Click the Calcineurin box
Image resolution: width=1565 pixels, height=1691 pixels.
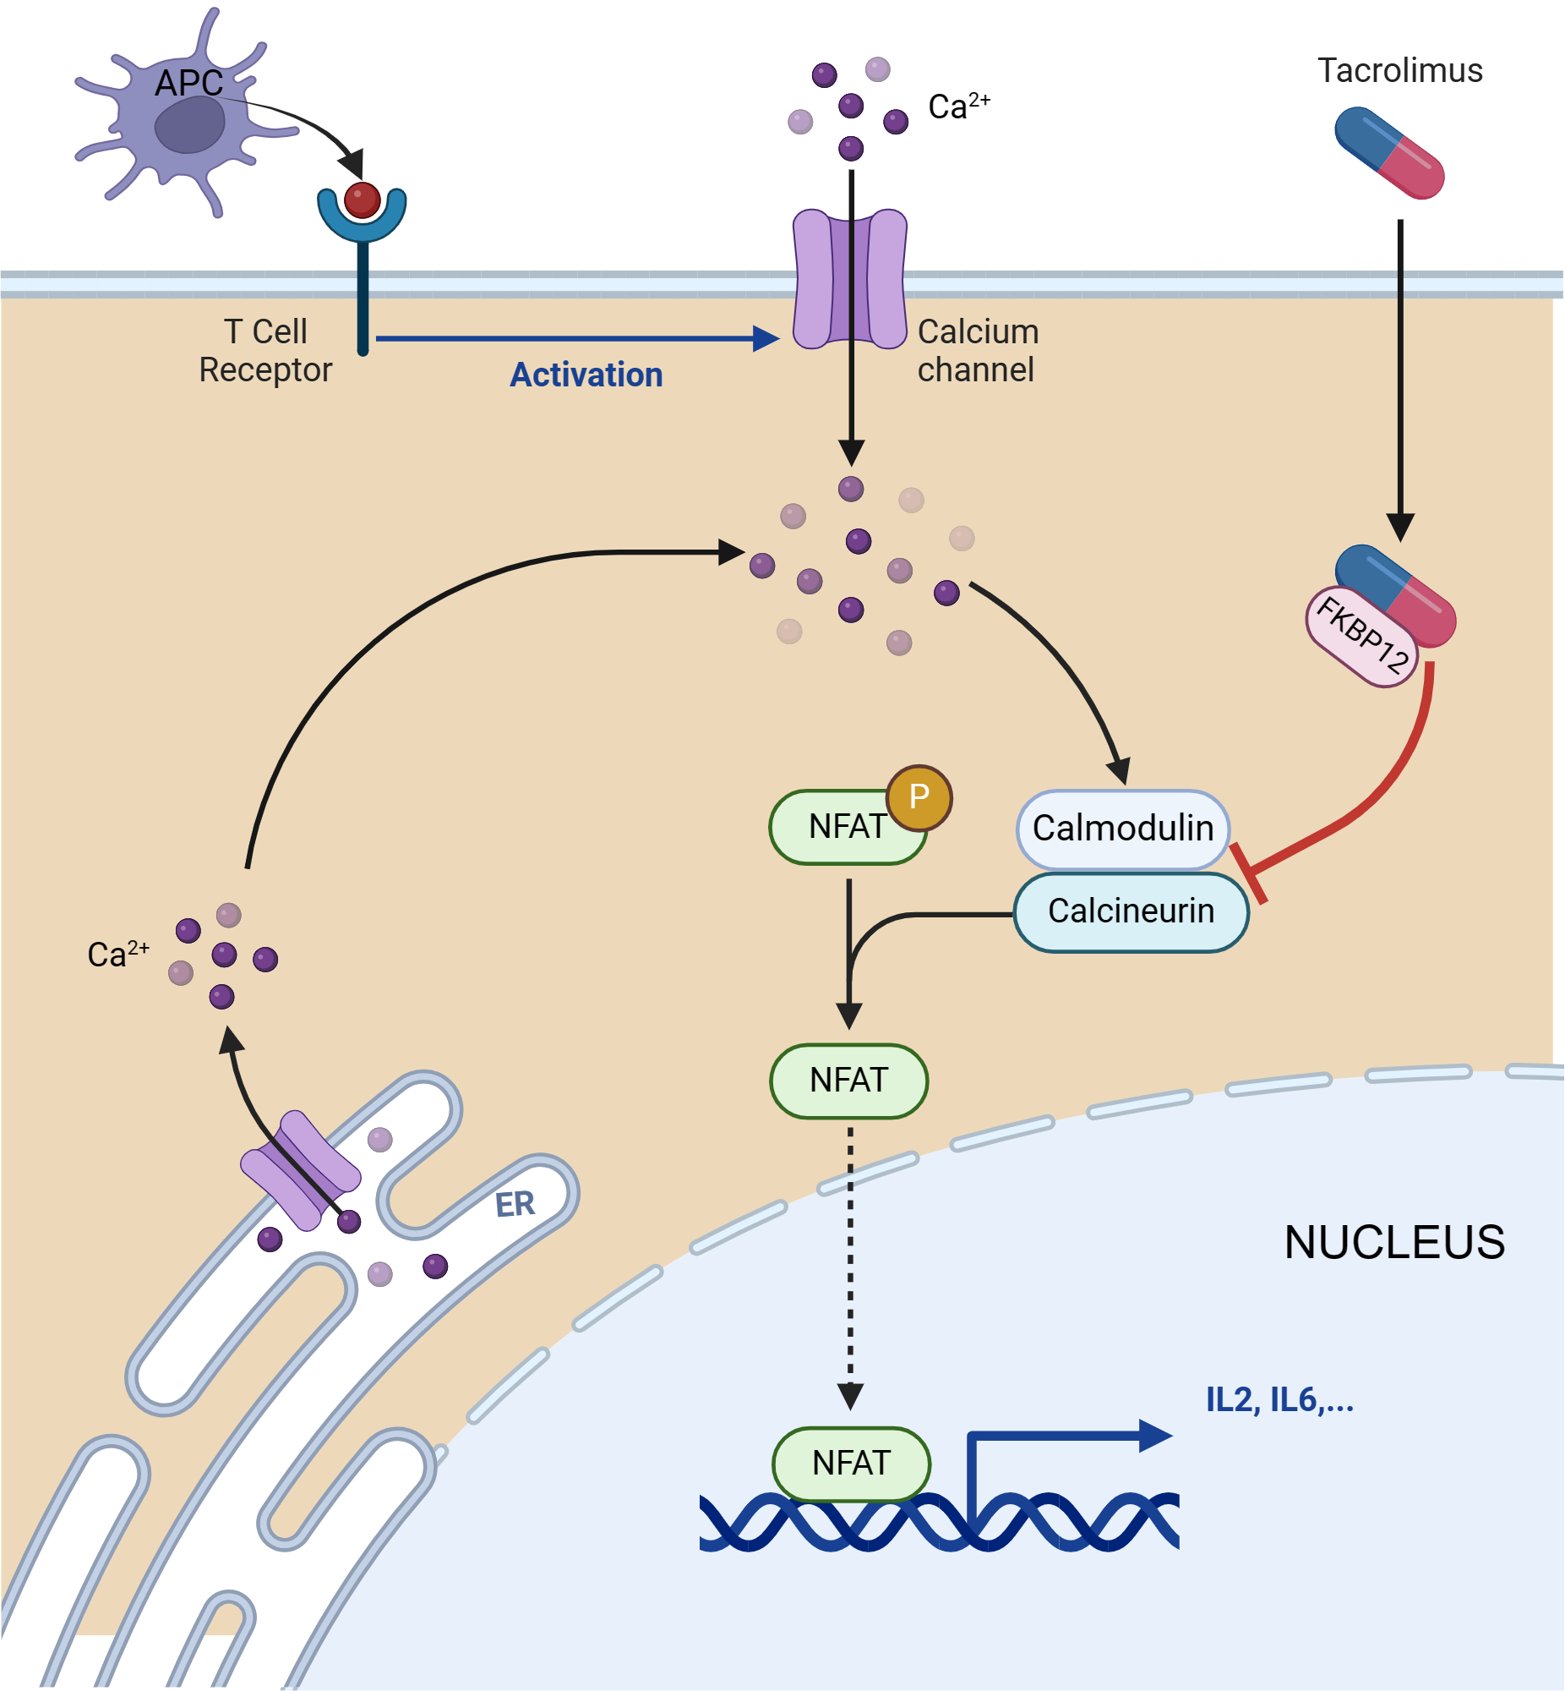click(x=1131, y=911)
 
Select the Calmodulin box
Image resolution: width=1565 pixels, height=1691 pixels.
click(x=1122, y=829)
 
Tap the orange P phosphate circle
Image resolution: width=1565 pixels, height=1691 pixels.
click(x=919, y=797)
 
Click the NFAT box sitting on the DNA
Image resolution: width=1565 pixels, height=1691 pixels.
click(x=851, y=1463)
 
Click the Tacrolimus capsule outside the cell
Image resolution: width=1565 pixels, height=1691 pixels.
click(x=1389, y=153)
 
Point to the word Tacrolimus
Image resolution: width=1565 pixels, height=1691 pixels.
click(x=1400, y=70)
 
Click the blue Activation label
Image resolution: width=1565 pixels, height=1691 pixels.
click(x=586, y=375)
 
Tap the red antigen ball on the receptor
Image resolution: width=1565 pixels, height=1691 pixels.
click(x=363, y=200)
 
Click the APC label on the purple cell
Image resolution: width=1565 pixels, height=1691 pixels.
click(x=188, y=83)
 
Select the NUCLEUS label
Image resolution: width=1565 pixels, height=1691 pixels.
click(x=1394, y=1242)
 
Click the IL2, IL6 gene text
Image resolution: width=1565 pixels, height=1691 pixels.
click(x=1279, y=1400)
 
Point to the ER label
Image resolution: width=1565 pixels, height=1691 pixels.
click(x=515, y=1204)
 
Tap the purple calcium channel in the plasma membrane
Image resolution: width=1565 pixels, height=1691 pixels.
click(x=850, y=280)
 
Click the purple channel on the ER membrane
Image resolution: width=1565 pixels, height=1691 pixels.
click(x=301, y=1169)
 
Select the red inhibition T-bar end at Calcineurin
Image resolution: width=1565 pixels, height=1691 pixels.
click(x=1248, y=873)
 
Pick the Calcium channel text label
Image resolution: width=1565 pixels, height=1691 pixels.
click(x=977, y=351)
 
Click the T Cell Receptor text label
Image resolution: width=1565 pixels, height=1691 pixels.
click(x=265, y=351)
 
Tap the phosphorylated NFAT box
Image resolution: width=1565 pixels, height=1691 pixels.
click(x=838, y=827)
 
